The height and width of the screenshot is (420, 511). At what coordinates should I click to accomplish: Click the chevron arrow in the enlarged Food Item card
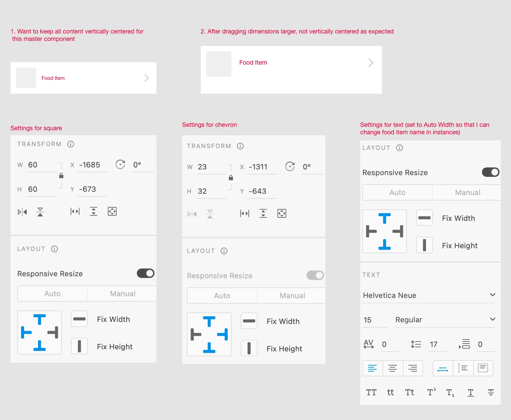[371, 63]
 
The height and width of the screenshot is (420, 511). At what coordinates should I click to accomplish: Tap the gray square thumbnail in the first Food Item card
[26, 78]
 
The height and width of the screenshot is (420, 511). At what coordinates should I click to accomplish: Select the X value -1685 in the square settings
[90, 165]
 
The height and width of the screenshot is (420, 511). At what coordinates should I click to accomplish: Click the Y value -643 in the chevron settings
[258, 191]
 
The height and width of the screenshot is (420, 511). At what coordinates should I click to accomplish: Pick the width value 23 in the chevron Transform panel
[202, 167]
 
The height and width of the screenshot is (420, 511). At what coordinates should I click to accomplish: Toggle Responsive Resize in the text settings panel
[490, 172]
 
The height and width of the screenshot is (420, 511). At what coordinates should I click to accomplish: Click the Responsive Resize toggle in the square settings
[145, 274]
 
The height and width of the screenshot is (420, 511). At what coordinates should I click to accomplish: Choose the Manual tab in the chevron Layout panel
[292, 296]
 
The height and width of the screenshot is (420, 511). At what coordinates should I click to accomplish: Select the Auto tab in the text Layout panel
[397, 192]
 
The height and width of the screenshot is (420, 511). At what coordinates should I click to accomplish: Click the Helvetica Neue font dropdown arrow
[493, 295]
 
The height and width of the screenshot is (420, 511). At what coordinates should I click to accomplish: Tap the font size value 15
[367, 320]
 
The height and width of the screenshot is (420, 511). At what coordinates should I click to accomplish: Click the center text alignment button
[393, 368]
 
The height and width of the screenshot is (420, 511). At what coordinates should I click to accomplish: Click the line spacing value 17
[434, 344]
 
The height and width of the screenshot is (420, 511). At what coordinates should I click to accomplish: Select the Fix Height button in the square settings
[79, 346]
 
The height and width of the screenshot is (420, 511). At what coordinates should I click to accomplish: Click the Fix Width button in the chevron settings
[249, 321]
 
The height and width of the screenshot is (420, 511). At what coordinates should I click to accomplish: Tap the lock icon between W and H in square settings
[61, 176]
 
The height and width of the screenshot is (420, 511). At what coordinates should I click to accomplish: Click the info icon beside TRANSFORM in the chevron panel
[240, 146]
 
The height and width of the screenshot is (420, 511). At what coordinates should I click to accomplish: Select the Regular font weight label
[409, 320]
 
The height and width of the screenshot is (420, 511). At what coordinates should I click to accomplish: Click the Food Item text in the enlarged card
[253, 63]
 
